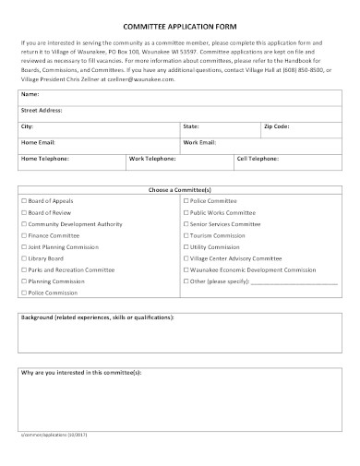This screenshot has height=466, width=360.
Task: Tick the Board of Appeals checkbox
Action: click(23, 200)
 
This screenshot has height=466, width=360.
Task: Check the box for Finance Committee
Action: click(23, 235)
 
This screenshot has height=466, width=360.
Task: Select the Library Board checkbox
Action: click(23, 258)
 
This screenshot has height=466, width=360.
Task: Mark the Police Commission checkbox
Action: click(23, 293)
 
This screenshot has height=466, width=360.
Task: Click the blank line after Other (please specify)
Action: click(294, 281)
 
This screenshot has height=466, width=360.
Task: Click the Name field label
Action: click(30, 94)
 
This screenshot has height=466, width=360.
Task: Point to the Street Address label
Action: click(41, 109)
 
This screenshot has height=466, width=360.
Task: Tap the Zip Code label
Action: click(276, 125)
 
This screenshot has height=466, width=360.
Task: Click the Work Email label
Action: click(199, 141)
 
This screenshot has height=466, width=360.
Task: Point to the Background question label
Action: click(97, 317)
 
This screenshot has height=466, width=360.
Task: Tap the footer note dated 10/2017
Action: click(58, 433)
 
